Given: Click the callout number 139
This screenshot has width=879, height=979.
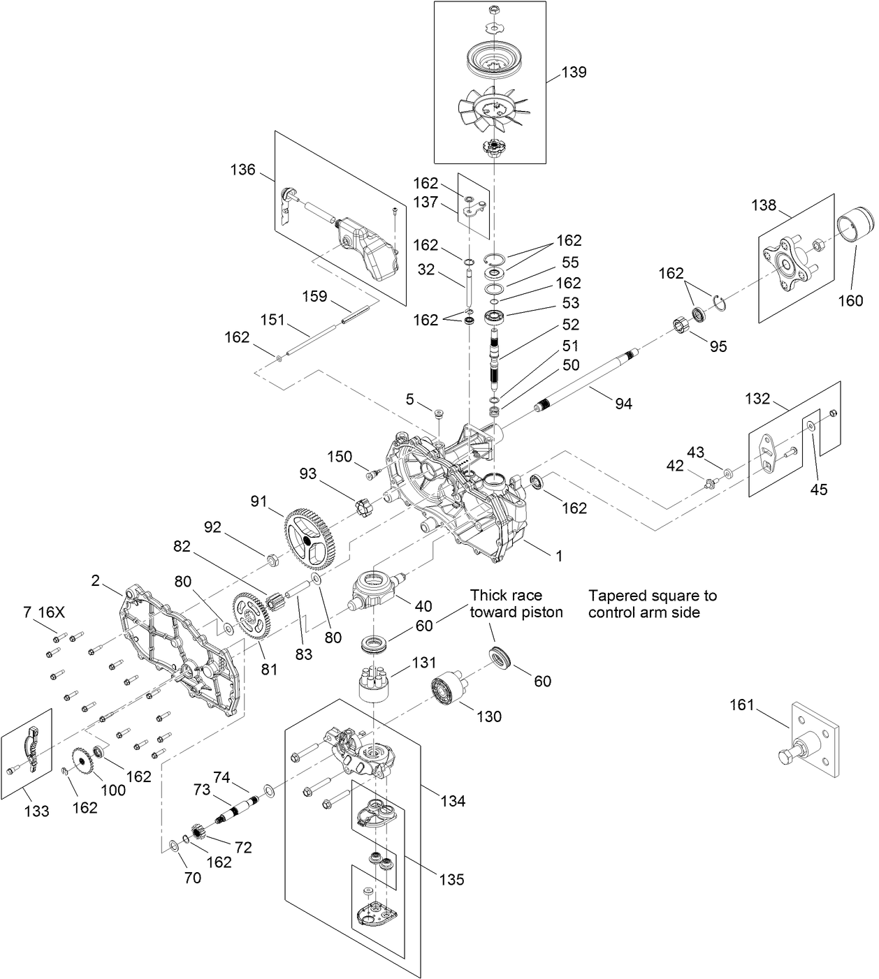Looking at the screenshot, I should [574, 72].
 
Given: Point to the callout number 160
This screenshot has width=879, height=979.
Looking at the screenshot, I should [850, 301].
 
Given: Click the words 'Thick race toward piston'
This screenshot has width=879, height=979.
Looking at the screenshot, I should [516, 603].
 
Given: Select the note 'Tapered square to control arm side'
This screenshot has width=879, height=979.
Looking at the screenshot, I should [652, 603].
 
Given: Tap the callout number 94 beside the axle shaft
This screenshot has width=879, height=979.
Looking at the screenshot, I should [623, 403].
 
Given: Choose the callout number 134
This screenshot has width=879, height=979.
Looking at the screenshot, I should [453, 801].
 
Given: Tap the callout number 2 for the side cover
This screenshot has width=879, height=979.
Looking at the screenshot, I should [96, 580].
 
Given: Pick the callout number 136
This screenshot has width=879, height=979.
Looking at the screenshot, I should [242, 170].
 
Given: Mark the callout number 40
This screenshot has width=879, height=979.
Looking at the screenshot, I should [423, 606].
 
